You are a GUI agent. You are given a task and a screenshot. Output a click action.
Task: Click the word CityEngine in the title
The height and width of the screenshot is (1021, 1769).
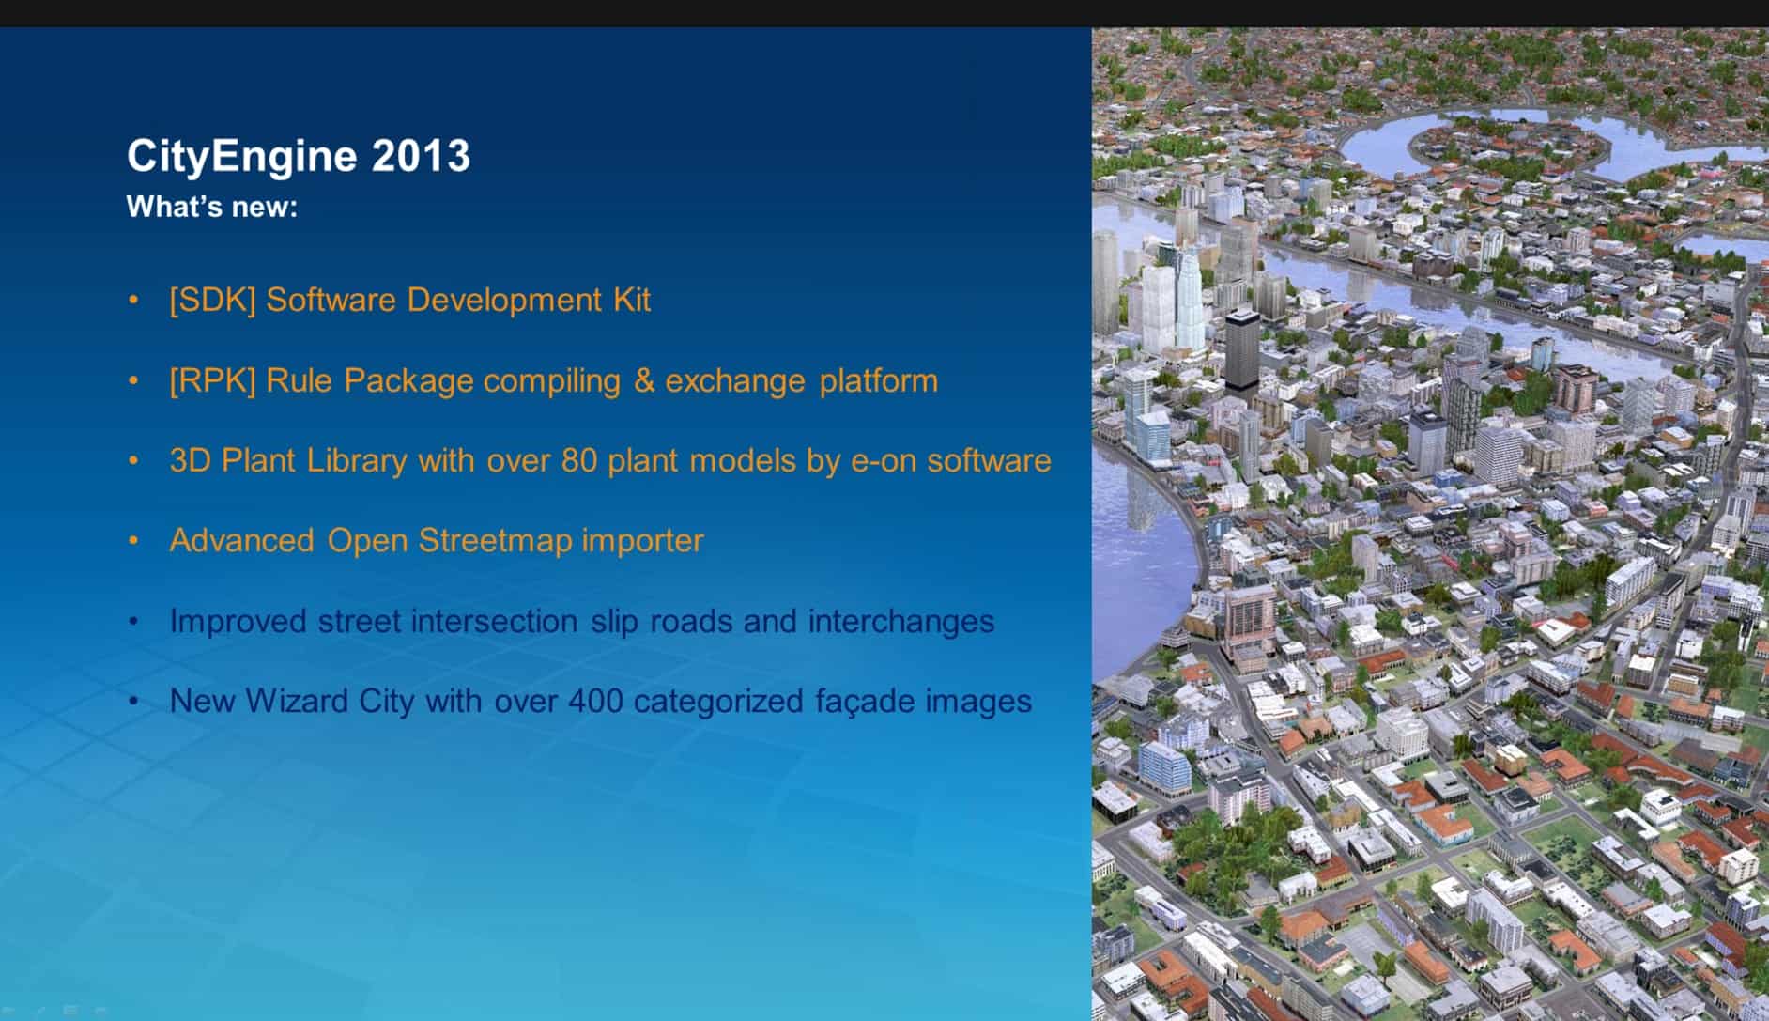pyautogui.click(x=242, y=157)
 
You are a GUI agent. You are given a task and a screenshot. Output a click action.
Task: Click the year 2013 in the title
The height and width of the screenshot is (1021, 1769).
pyautogui.click(x=421, y=156)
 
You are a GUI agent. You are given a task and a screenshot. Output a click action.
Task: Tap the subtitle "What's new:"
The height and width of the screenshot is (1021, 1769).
pyautogui.click(x=212, y=207)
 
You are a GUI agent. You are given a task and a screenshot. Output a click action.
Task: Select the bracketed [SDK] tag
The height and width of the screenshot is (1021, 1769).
pyautogui.click(x=212, y=301)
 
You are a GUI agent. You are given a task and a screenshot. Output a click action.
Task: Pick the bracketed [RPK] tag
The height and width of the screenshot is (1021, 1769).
pyautogui.click(x=212, y=381)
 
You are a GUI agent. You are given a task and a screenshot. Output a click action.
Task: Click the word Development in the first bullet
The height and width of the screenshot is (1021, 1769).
pyautogui.click(x=504, y=301)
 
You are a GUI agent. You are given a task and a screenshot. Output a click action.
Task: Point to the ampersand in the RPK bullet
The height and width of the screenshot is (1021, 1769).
pyautogui.click(x=643, y=380)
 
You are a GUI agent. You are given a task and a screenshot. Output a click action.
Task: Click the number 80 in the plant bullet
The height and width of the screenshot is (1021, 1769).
pyautogui.click(x=578, y=460)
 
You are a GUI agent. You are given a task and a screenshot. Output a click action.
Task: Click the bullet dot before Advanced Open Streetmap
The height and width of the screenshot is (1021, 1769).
pyautogui.click(x=134, y=540)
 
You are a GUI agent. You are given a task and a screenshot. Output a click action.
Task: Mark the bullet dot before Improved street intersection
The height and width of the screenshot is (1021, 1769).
pyautogui.click(x=134, y=621)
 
